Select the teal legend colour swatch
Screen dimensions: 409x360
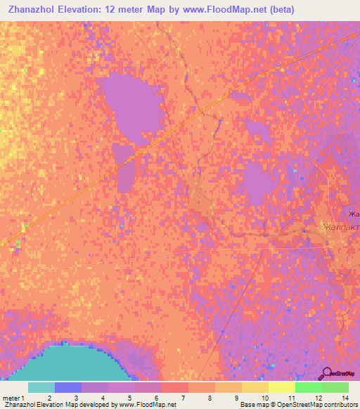[41, 387]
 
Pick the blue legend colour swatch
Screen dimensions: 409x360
[68, 387]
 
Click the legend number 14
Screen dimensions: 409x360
[345, 398]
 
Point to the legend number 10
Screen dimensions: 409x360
[264, 398]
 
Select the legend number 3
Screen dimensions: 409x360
[76, 398]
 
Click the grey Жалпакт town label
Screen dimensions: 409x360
[340, 227]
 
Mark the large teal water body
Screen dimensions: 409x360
[70, 362]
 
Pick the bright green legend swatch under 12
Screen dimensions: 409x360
[308, 387]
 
